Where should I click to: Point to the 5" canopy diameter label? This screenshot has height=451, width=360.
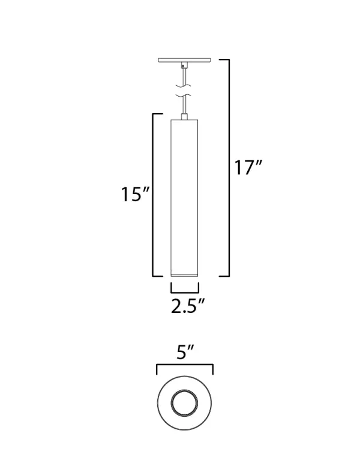[185, 353]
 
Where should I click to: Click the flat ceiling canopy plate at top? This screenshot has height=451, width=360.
[185, 60]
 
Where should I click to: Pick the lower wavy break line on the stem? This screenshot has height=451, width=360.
[185, 97]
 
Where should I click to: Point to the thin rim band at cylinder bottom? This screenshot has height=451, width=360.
[185, 273]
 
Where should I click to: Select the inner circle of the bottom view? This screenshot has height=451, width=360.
[185, 402]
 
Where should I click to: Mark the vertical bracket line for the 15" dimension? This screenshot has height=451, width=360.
[153, 195]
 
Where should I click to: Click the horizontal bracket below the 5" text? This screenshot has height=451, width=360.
[185, 366]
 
